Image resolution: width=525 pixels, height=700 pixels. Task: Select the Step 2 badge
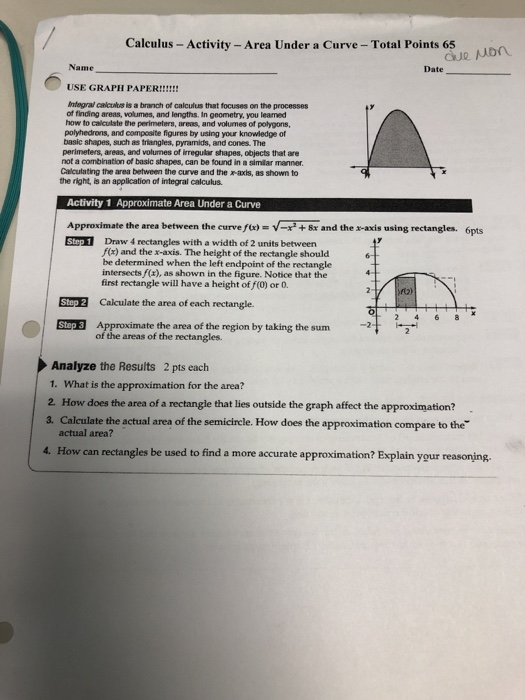tap(75, 301)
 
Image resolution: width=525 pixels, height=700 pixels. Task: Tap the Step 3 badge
tap(75, 326)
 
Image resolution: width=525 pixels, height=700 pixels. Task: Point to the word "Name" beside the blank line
tap(79, 67)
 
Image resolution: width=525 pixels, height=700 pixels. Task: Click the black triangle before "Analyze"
tap(43, 365)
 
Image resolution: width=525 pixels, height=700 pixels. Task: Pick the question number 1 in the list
tap(49, 383)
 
